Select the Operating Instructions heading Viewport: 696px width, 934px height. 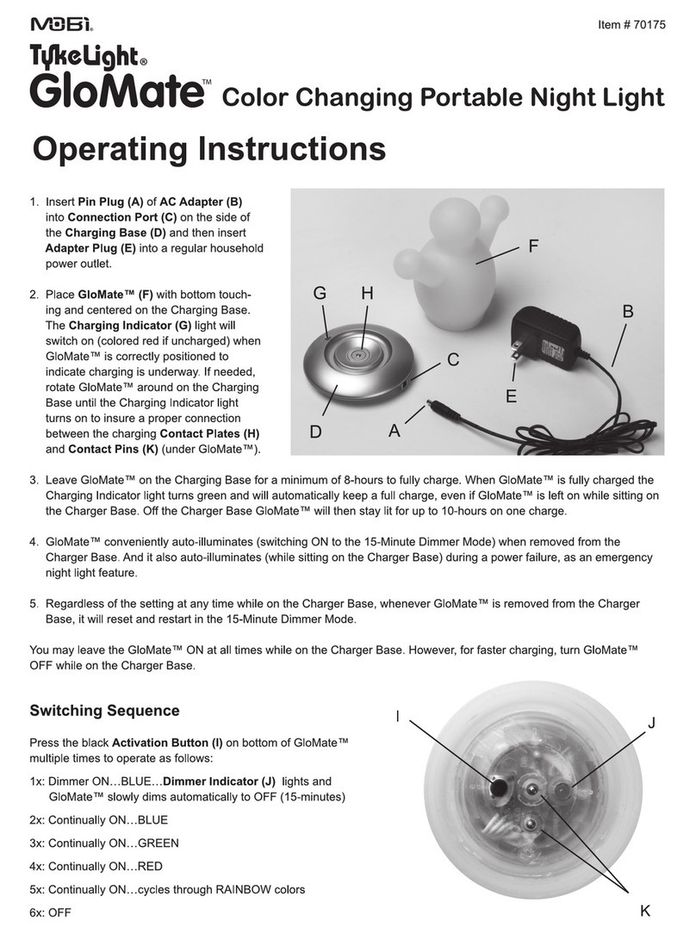tap(208, 149)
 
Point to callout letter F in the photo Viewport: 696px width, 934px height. tap(533, 245)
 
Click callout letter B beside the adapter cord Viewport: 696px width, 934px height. tap(627, 312)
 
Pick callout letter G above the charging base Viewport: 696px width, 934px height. tap(320, 294)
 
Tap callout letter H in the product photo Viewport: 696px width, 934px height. tap(367, 294)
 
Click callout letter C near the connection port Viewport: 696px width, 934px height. tap(452, 358)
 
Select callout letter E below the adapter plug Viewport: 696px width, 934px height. tap(511, 397)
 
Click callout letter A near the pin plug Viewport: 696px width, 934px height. tap(395, 432)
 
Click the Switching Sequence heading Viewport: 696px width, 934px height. tap(104, 711)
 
